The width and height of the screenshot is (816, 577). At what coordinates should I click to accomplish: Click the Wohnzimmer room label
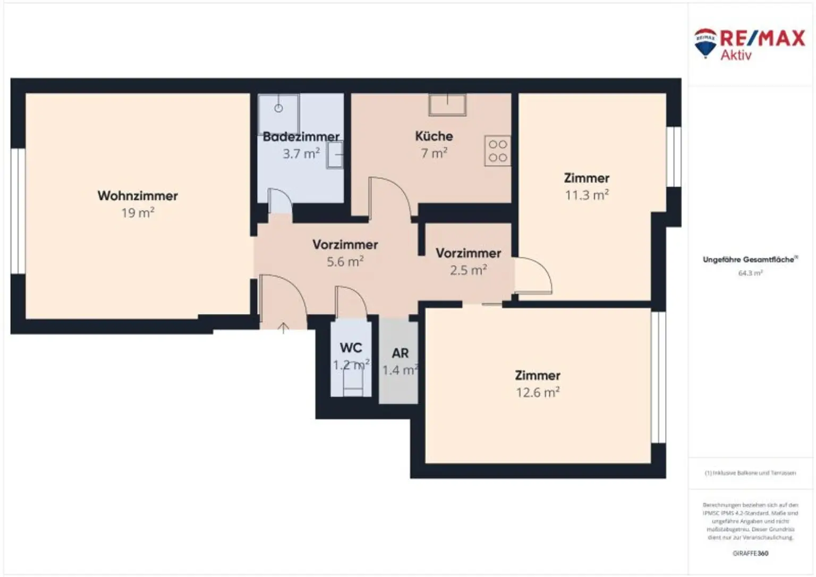point(138,196)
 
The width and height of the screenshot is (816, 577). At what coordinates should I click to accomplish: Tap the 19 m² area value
point(138,213)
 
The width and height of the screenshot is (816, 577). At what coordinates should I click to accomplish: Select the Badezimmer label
point(301,137)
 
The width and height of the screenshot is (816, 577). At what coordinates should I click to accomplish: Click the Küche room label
point(433,136)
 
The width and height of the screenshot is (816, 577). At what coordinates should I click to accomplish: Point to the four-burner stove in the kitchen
point(497,151)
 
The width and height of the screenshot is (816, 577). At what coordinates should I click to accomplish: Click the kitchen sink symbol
point(447,105)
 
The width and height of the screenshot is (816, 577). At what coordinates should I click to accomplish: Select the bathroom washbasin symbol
point(335,155)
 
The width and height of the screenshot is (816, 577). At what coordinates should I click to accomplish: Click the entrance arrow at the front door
point(283,328)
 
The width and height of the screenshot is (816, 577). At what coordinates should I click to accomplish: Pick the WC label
point(351,348)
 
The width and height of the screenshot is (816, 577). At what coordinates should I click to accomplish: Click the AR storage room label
point(400,354)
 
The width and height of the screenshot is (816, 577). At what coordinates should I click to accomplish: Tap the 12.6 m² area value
point(538,393)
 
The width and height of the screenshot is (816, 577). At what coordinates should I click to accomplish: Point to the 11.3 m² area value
point(586,195)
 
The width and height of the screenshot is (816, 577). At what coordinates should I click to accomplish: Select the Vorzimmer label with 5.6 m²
point(345,245)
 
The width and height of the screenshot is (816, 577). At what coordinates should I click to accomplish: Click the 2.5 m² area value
point(468,270)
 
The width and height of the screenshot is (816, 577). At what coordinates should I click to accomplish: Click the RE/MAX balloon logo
point(705,42)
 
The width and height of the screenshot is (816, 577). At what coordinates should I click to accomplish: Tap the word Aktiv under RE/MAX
point(736,55)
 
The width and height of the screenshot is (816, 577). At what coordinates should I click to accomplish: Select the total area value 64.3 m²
point(750,273)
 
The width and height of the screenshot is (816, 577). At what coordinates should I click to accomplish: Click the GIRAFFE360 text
point(750,553)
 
